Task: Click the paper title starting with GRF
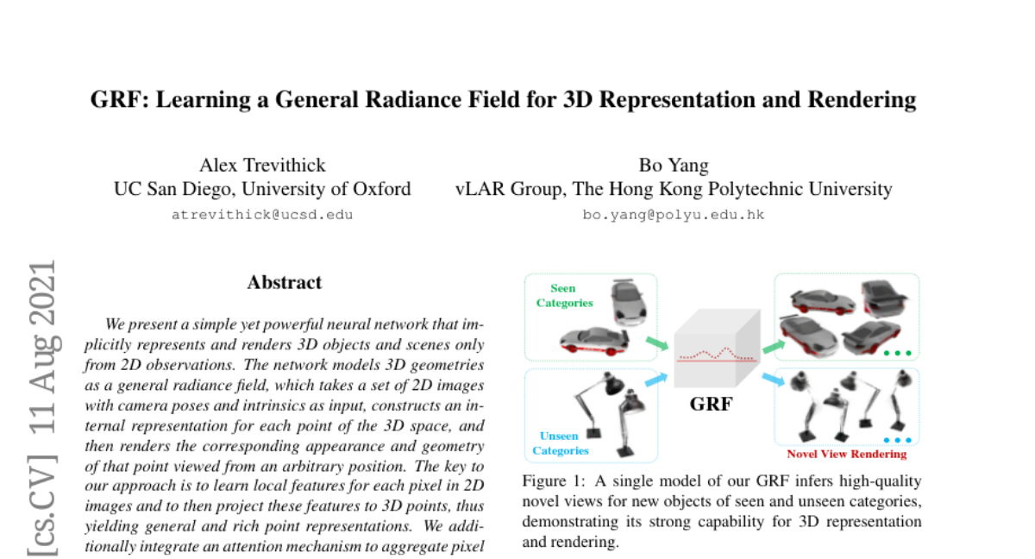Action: (503, 100)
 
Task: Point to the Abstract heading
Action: (284, 283)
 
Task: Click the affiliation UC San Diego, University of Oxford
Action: (262, 189)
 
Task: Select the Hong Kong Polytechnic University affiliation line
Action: (674, 189)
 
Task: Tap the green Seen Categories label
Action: (564, 296)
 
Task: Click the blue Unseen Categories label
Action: (560, 443)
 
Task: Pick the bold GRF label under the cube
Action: (711, 403)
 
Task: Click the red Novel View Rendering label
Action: (846, 454)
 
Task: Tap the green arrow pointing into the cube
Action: (656, 344)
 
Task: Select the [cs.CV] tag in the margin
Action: (43, 499)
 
